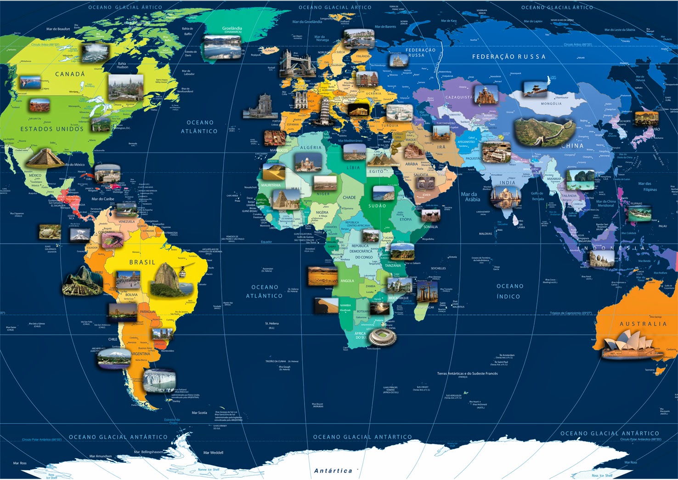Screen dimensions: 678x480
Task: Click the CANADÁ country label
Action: tap(70, 74)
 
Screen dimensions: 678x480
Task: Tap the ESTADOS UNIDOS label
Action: tap(52, 129)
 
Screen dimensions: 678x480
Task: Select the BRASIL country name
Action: tap(142, 262)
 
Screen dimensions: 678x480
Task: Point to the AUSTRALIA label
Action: tap(643, 324)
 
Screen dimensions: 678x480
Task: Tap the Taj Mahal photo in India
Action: tap(505, 197)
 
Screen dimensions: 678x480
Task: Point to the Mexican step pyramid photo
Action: tap(45, 158)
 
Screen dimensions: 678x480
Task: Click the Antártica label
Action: tap(333, 471)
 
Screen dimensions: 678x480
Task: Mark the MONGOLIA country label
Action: tap(551, 104)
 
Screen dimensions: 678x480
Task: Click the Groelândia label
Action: tap(232, 29)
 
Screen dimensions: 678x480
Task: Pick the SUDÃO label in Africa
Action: tap(377, 206)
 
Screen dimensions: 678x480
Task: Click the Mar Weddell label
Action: tap(213, 453)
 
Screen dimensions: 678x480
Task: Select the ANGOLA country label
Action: tap(347, 281)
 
